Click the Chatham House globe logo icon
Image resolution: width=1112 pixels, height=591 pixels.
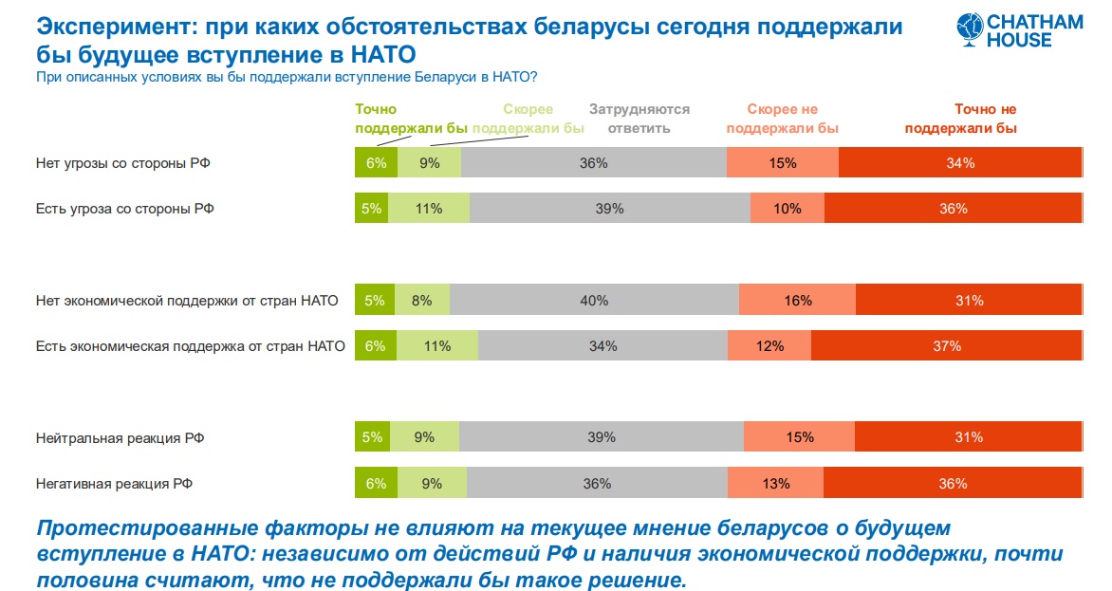tap(970, 29)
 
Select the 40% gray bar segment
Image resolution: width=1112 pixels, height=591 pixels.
tap(594, 301)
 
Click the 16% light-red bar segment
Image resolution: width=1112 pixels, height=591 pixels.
tap(797, 301)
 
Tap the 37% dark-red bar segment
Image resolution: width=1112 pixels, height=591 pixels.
tap(946, 346)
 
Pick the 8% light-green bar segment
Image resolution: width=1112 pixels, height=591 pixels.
tap(422, 301)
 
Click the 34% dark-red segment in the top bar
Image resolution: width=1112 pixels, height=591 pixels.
tap(960, 163)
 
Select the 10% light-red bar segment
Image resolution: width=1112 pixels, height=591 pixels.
tap(788, 209)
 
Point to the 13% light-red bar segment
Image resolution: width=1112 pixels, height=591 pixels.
tap(775, 483)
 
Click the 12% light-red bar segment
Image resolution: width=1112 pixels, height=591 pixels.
tap(769, 346)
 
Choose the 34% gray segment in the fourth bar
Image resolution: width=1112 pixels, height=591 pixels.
tap(602, 346)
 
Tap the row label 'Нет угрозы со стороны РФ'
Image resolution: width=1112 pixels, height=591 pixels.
tap(122, 163)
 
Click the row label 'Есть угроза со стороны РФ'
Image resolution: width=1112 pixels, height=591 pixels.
tap(124, 209)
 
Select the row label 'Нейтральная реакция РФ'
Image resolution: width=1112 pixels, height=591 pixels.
tap(120, 437)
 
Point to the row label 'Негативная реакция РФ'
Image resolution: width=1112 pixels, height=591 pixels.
tap(115, 483)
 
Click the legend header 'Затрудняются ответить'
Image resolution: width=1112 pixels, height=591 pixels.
tap(639, 119)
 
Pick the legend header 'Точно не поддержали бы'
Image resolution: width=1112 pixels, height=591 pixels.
tap(960, 119)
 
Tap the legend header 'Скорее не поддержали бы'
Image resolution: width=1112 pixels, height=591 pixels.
tap(782, 119)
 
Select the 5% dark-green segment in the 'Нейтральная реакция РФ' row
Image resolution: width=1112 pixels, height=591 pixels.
tap(372, 437)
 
